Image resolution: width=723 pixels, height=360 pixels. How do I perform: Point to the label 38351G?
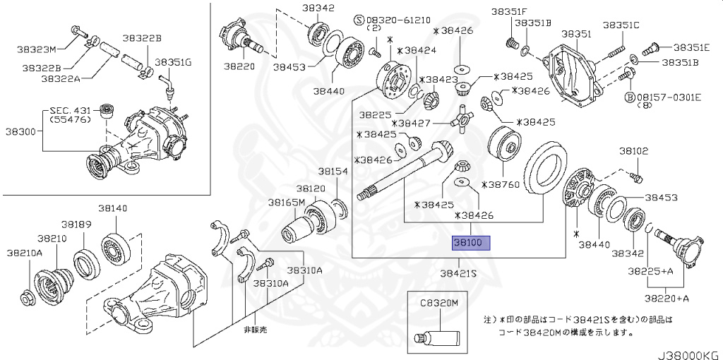tap(173, 62)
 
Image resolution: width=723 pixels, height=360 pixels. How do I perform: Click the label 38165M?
tap(286, 202)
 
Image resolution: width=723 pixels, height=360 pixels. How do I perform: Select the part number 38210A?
tap(25, 252)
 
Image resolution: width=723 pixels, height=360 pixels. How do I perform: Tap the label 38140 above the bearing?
tap(112, 208)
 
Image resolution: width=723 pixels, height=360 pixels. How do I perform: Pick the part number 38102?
tap(634, 151)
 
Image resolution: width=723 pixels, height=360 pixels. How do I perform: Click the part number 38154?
tap(332, 172)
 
